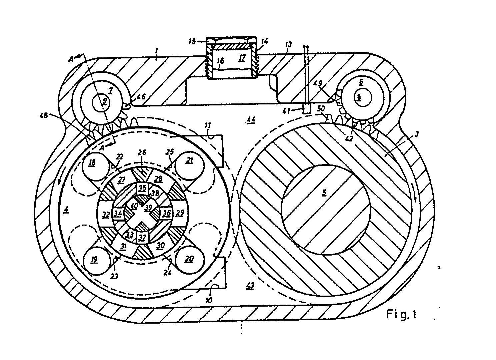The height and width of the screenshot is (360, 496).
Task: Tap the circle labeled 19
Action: tap(94, 260)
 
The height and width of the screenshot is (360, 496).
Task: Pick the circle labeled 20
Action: tap(189, 259)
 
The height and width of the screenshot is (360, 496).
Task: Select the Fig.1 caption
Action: tap(401, 314)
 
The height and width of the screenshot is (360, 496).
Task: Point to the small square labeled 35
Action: tap(142, 189)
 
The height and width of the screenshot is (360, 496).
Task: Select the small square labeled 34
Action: tap(118, 213)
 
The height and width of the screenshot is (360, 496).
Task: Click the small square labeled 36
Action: tap(167, 213)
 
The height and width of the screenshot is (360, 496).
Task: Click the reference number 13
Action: tap(288, 44)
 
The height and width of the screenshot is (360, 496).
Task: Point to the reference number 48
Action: tap(44, 115)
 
